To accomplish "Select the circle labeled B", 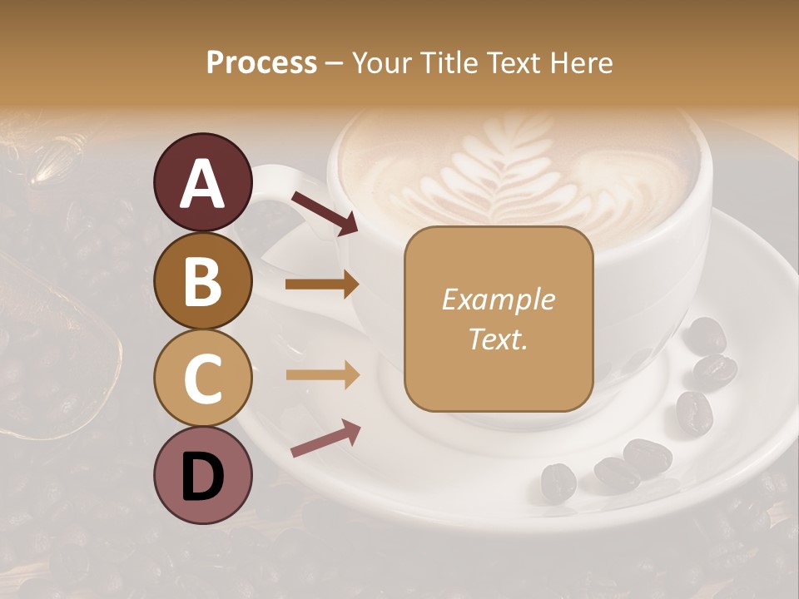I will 203,280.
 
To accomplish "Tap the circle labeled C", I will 203,379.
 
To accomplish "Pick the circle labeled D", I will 203,476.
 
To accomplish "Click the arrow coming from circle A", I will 325,213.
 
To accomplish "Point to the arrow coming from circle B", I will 322,285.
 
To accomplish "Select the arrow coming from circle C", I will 322,375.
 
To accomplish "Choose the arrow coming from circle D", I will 325,438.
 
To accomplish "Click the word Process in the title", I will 261,62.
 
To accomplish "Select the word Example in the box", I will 498,299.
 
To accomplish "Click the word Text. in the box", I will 498,339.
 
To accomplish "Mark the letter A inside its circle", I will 203,183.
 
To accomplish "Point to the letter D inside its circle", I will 203,476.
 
